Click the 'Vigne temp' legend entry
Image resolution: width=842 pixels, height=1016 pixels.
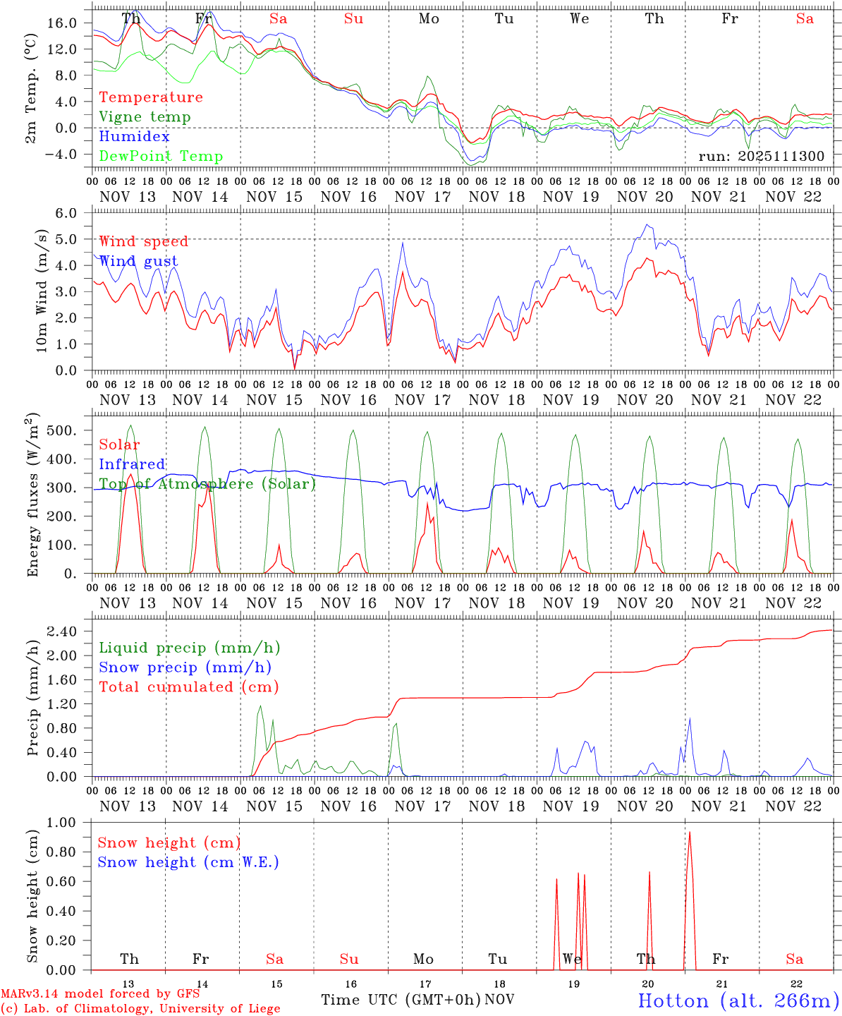coord(145,117)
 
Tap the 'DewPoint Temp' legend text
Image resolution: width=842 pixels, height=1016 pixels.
coord(161,157)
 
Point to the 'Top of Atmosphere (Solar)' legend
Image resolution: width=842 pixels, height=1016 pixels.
coord(207,484)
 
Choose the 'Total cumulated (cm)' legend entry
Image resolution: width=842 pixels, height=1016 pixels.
coord(189,687)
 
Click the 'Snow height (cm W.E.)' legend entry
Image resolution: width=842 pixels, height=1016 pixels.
coord(188,862)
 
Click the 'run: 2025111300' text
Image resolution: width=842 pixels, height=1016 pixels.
coord(761,156)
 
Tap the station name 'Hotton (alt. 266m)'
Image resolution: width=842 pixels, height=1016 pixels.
coord(738,1000)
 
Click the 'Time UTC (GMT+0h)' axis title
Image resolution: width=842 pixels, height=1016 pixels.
coord(401,1000)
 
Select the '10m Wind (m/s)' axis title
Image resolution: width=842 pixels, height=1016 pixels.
coord(42,291)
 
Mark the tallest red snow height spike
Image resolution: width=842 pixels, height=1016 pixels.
coord(689,834)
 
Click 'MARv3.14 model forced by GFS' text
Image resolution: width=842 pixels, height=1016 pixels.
coord(100,994)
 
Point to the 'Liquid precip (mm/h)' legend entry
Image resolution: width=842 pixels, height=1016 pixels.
coord(189,648)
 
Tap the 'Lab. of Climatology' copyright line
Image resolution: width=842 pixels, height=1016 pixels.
coord(140,1009)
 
